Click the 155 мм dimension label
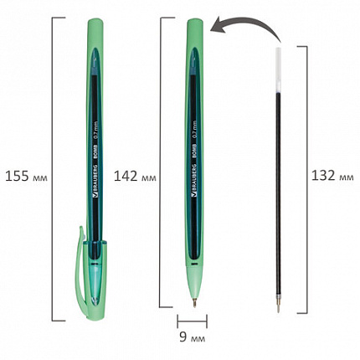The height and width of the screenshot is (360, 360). click(26, 177)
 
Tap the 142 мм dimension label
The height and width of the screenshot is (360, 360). click(135, 177)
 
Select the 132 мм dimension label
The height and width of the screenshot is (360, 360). click(332, 176)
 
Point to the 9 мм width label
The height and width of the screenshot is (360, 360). click(192, 337)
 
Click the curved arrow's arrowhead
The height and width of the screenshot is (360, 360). click(218, 26)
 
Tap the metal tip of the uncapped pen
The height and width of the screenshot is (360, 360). click(194, 302)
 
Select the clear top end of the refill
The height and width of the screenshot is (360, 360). click(278, 69)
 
